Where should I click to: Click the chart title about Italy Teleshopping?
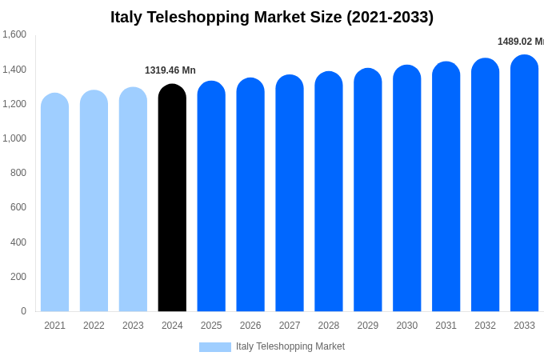pos(272,17)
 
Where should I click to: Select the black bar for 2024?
pos(172,200)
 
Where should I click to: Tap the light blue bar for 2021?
pos(54,204)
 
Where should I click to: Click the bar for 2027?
pos(290,194)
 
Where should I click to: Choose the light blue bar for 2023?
pos(133,200)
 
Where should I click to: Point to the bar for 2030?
pos(406,190)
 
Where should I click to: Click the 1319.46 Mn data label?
pos(170,70)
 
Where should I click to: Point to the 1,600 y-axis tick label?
pos(14,34)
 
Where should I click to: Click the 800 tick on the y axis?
pos(18,173)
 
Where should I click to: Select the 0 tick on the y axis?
pos(23,311)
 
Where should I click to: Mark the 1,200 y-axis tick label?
pos(14,104)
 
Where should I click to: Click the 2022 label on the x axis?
pos(94,326)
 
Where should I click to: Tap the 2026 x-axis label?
pos(250,326)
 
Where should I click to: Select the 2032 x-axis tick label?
pos(485,326)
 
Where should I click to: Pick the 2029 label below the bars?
pos(368,326)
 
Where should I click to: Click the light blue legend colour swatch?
pos(214,347)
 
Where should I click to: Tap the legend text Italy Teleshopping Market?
pos(290,346)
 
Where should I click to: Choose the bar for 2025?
pos(211,198)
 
